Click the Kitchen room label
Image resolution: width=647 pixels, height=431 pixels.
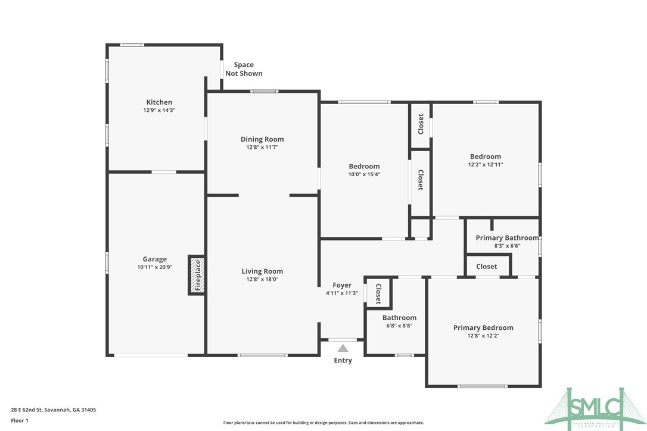tap(159, 102)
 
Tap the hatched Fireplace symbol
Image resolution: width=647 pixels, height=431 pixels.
tap(197, 275)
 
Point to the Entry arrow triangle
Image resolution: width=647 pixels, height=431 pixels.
tap(343, 348)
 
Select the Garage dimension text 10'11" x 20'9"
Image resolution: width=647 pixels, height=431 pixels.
tap(154, 267)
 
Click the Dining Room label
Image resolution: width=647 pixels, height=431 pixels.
tap(262, 139)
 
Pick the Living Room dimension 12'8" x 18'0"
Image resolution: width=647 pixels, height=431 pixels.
tap(262, 279)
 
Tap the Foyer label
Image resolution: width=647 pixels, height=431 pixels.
tap(342, 285)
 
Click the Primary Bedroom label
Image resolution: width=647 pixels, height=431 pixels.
tap(483, 327)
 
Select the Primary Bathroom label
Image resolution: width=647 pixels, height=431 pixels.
tap(506, 238)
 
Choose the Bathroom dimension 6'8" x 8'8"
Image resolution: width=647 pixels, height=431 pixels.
tap(399, 326)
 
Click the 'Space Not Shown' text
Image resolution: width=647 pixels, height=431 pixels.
tap(243, 69)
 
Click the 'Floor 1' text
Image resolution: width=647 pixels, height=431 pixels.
tap(19, 420)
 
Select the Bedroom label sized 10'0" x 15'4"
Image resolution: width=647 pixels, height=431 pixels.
tap(364, 166)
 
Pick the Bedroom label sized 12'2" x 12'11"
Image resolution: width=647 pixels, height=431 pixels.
tap(486, 157)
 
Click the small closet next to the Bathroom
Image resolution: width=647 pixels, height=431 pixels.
tap(377, 293)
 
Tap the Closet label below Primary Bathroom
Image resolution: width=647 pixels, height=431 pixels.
tap(487, 266)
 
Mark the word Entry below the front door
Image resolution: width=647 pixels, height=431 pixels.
tap(343, 360)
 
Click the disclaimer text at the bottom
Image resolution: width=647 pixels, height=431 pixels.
tap(323, 423)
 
